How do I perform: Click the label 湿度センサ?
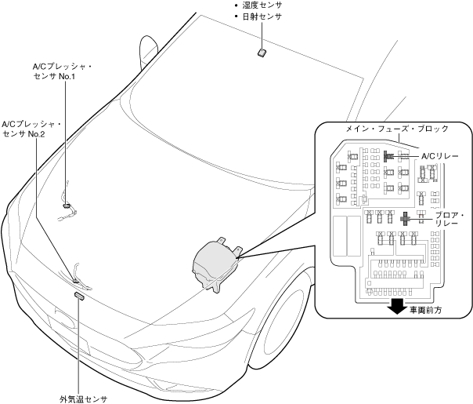[262, 5]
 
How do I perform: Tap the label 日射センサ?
[262, 16]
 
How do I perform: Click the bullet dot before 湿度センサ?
[236, 5]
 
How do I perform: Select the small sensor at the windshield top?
[262, 53]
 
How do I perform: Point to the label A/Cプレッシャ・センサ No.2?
[32, 129]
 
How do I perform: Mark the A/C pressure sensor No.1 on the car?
[67, 206]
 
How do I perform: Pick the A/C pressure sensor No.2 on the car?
[76, 279]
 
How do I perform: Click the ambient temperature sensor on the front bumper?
[79, 296]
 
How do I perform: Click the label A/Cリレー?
[439, 156]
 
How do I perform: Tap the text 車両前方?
[426, 310]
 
